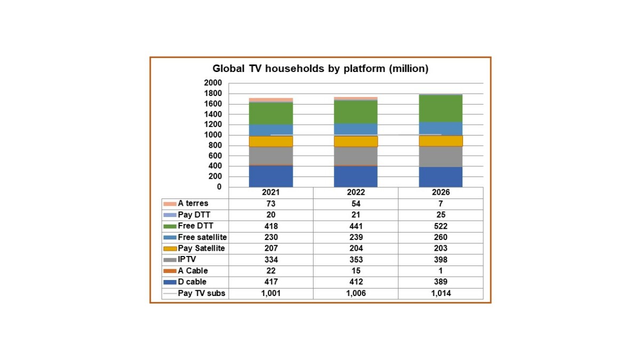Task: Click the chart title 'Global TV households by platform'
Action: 320,69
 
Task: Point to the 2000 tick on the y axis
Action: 213,83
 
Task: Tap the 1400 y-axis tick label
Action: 213,114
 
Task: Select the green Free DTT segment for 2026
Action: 441,108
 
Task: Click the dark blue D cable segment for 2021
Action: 270,177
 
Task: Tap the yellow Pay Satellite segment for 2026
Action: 441,141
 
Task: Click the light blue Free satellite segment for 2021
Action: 270,130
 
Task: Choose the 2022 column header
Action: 355,193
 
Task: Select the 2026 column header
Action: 441,193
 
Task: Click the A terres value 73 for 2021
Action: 270,204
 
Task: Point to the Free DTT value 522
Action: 441,226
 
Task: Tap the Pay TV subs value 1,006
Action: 355,293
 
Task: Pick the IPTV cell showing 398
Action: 441,260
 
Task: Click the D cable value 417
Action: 270,282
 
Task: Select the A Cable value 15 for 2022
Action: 355,271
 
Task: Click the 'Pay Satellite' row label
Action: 201,249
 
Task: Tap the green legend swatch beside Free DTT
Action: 170,226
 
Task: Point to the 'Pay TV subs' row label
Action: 202,293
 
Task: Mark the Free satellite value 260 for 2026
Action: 441,237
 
